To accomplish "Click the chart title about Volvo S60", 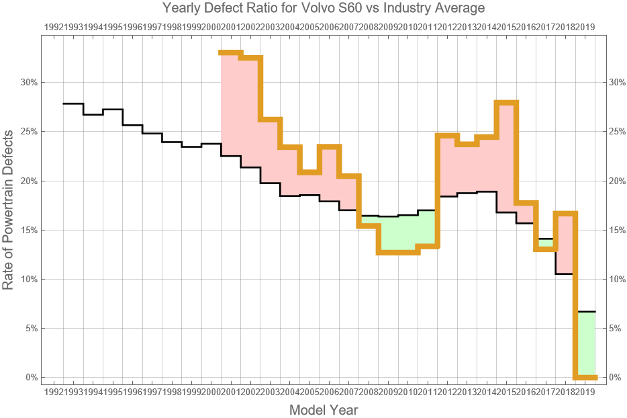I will click(324, 9).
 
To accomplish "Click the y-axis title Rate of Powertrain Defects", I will click(9, 210).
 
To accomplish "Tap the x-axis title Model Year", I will click(324, 409).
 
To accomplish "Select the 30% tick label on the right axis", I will click(616, 83).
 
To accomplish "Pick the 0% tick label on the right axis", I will click(614, 378).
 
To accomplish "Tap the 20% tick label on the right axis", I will click(616, 181).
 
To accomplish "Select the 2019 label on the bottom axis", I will click(585, 391).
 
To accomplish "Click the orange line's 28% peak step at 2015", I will click(505, 102).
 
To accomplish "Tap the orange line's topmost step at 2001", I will click(230, 52).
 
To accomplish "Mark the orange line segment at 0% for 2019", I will click(586, 377).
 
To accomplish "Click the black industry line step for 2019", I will click(586, 312).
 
